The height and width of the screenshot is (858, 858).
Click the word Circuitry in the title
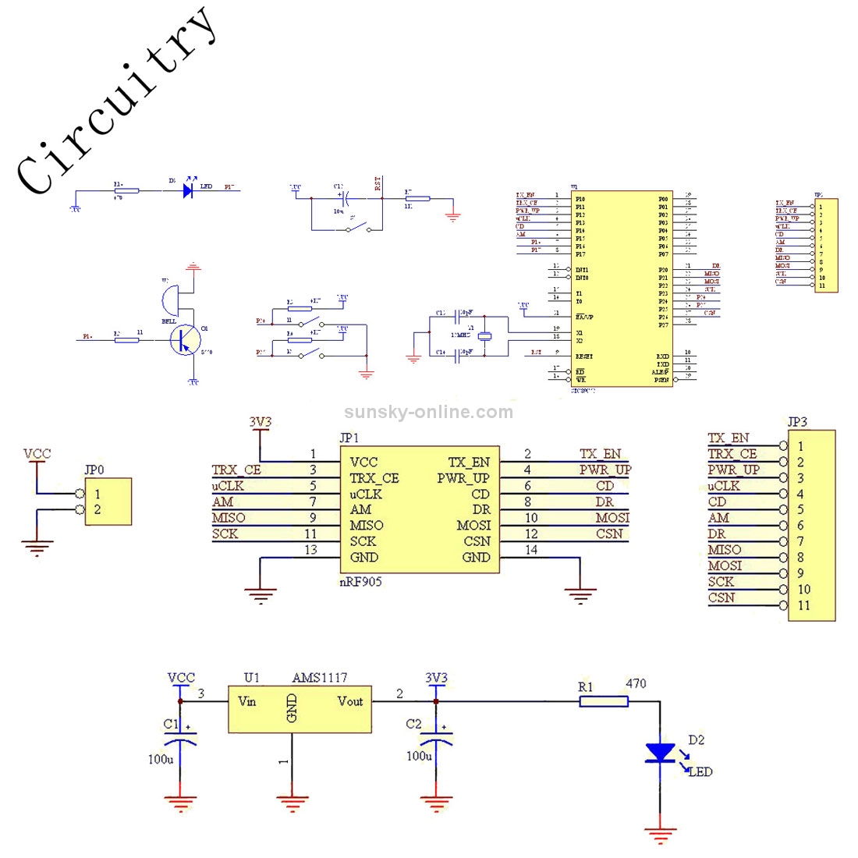117,101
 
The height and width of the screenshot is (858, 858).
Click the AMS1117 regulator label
320,678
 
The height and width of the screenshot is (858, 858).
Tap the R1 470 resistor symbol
604,702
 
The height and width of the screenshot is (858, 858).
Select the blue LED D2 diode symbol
661,752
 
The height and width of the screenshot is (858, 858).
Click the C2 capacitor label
413,725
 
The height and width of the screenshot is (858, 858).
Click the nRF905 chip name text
361,582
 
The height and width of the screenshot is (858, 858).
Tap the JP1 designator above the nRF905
350,438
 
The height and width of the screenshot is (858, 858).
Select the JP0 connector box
108,502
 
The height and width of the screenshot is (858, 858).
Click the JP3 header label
797,422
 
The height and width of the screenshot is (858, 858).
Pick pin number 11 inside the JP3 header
803,605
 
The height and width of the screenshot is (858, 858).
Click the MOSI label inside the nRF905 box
473,525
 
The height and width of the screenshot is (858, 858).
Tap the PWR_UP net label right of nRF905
604,470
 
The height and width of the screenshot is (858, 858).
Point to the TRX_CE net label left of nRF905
236,470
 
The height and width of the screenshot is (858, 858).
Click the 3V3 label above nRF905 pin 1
261,422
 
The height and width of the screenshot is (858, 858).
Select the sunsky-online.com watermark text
428,412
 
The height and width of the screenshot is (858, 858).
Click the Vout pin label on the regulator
350,701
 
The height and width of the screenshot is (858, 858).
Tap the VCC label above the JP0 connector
37,453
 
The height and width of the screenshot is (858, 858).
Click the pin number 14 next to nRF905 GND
531,550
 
